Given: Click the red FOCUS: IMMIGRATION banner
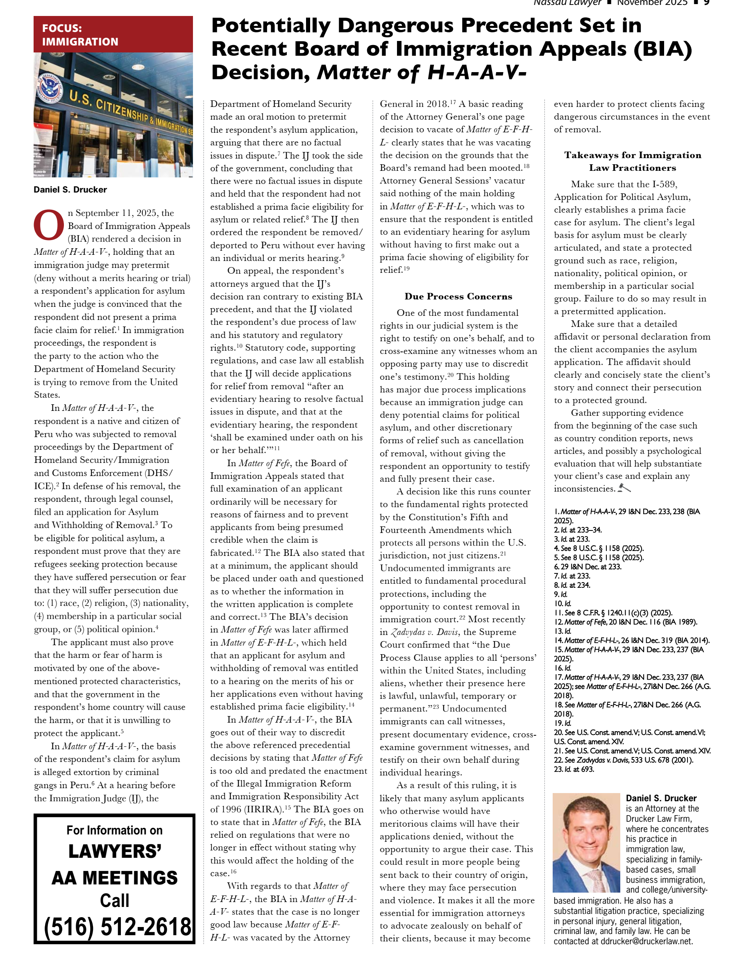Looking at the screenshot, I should [113, 34].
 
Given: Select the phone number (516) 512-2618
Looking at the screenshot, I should [117, 927].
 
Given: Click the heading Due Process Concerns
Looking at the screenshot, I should [458, 296].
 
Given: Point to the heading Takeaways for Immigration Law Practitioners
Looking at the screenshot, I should [633, 161].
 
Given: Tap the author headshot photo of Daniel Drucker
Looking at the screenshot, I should [586, 842].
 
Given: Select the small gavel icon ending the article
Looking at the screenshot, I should [624, 488].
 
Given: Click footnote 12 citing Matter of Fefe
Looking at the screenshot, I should [625, 622].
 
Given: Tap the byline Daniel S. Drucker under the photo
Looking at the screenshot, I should [70, 190].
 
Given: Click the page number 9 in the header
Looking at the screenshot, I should [707, 2].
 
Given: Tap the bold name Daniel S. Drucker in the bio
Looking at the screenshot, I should [661, 798].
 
